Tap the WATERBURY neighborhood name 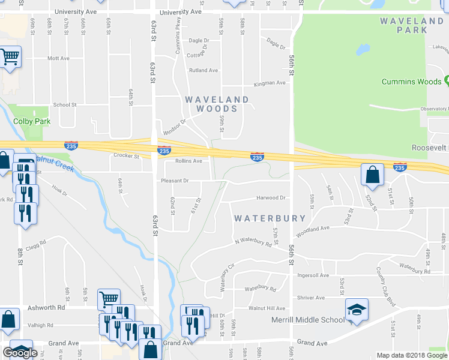point(270,218)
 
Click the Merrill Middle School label point(307,320)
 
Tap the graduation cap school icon point(357,310)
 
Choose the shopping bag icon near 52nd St point(373,175)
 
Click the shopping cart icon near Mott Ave point(10,57)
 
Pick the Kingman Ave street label point(269,83)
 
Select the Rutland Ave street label point(203,70)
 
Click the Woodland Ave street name point(313,228)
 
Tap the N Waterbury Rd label point(253,242)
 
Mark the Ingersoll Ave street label point(313,275)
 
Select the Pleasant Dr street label point(175,180)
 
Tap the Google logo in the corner point(20,353)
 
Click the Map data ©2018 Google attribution point(411,355)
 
